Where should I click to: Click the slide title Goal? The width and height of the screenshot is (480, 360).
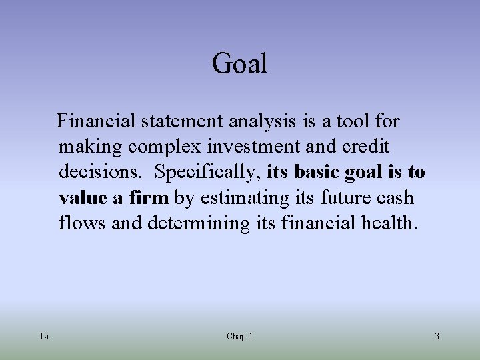(239, 64)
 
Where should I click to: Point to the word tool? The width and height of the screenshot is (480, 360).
(353, 121)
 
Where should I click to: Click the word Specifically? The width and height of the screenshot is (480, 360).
(207, 172)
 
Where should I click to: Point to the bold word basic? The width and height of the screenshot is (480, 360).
(317, 172)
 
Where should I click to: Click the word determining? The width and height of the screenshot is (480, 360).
(197, 223)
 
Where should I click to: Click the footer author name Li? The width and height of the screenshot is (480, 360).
(44, 337)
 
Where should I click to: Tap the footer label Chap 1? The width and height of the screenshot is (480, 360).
(239, 337)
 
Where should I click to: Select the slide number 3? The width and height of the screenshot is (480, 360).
(437, 337)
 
